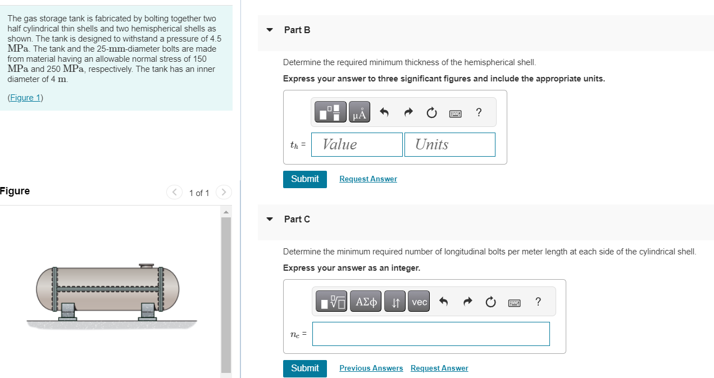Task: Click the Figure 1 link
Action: click(25, 98)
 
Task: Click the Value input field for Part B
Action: click(357, 145)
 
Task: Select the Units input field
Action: click(450, 145)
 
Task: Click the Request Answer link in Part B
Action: click(368, 179)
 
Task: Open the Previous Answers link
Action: click(371, 368)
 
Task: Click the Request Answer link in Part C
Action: click(439, 368)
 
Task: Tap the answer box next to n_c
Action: click(431, 334)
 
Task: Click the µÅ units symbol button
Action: click(360, 112)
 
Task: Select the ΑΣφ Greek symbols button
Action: click(366, 301)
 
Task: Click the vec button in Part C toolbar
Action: click(419, 301)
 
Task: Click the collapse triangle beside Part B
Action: click(270, 30)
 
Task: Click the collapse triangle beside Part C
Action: click(270, 219)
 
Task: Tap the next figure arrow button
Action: click(224, 192)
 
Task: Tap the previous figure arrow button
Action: click(174, 192)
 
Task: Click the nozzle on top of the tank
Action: click(146, 266)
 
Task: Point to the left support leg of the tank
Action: click(67, 311)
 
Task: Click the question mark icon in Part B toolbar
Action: click(479, 112)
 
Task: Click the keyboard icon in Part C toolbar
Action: click(514, 303)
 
